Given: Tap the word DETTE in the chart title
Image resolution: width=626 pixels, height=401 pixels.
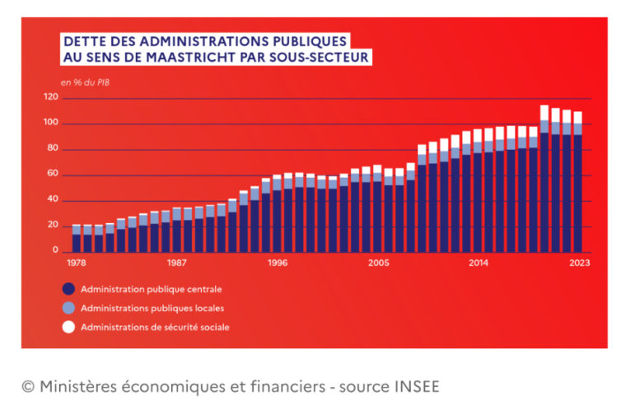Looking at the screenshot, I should click(83, 40).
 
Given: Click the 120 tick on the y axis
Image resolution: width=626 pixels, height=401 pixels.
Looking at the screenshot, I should click(51, 98).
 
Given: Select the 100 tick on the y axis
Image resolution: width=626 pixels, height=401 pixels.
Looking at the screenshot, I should click(51, 124).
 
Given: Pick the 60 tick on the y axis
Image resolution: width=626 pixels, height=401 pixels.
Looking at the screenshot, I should click(52, 175).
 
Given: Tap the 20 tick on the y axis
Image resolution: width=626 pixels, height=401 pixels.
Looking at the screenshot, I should click(52, 225).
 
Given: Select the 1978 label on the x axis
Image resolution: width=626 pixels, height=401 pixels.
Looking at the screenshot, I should click(76, 264).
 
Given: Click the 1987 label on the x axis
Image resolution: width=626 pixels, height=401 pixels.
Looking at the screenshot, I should click(175, 264).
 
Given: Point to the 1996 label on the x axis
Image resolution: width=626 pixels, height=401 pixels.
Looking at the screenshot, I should click(277, 264).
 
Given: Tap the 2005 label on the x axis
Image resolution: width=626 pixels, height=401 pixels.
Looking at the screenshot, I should click(378, 264).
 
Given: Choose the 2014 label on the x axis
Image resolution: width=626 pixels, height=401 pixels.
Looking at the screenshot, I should click(478, 264).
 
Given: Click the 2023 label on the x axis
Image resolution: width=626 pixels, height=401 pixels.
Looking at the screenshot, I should click(578, 264).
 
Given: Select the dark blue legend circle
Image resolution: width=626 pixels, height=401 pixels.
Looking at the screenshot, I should click(68, 289).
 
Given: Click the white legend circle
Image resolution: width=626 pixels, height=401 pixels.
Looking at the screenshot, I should click(68, 327).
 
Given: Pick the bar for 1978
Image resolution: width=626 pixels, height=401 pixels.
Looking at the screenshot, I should click(77, 239).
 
